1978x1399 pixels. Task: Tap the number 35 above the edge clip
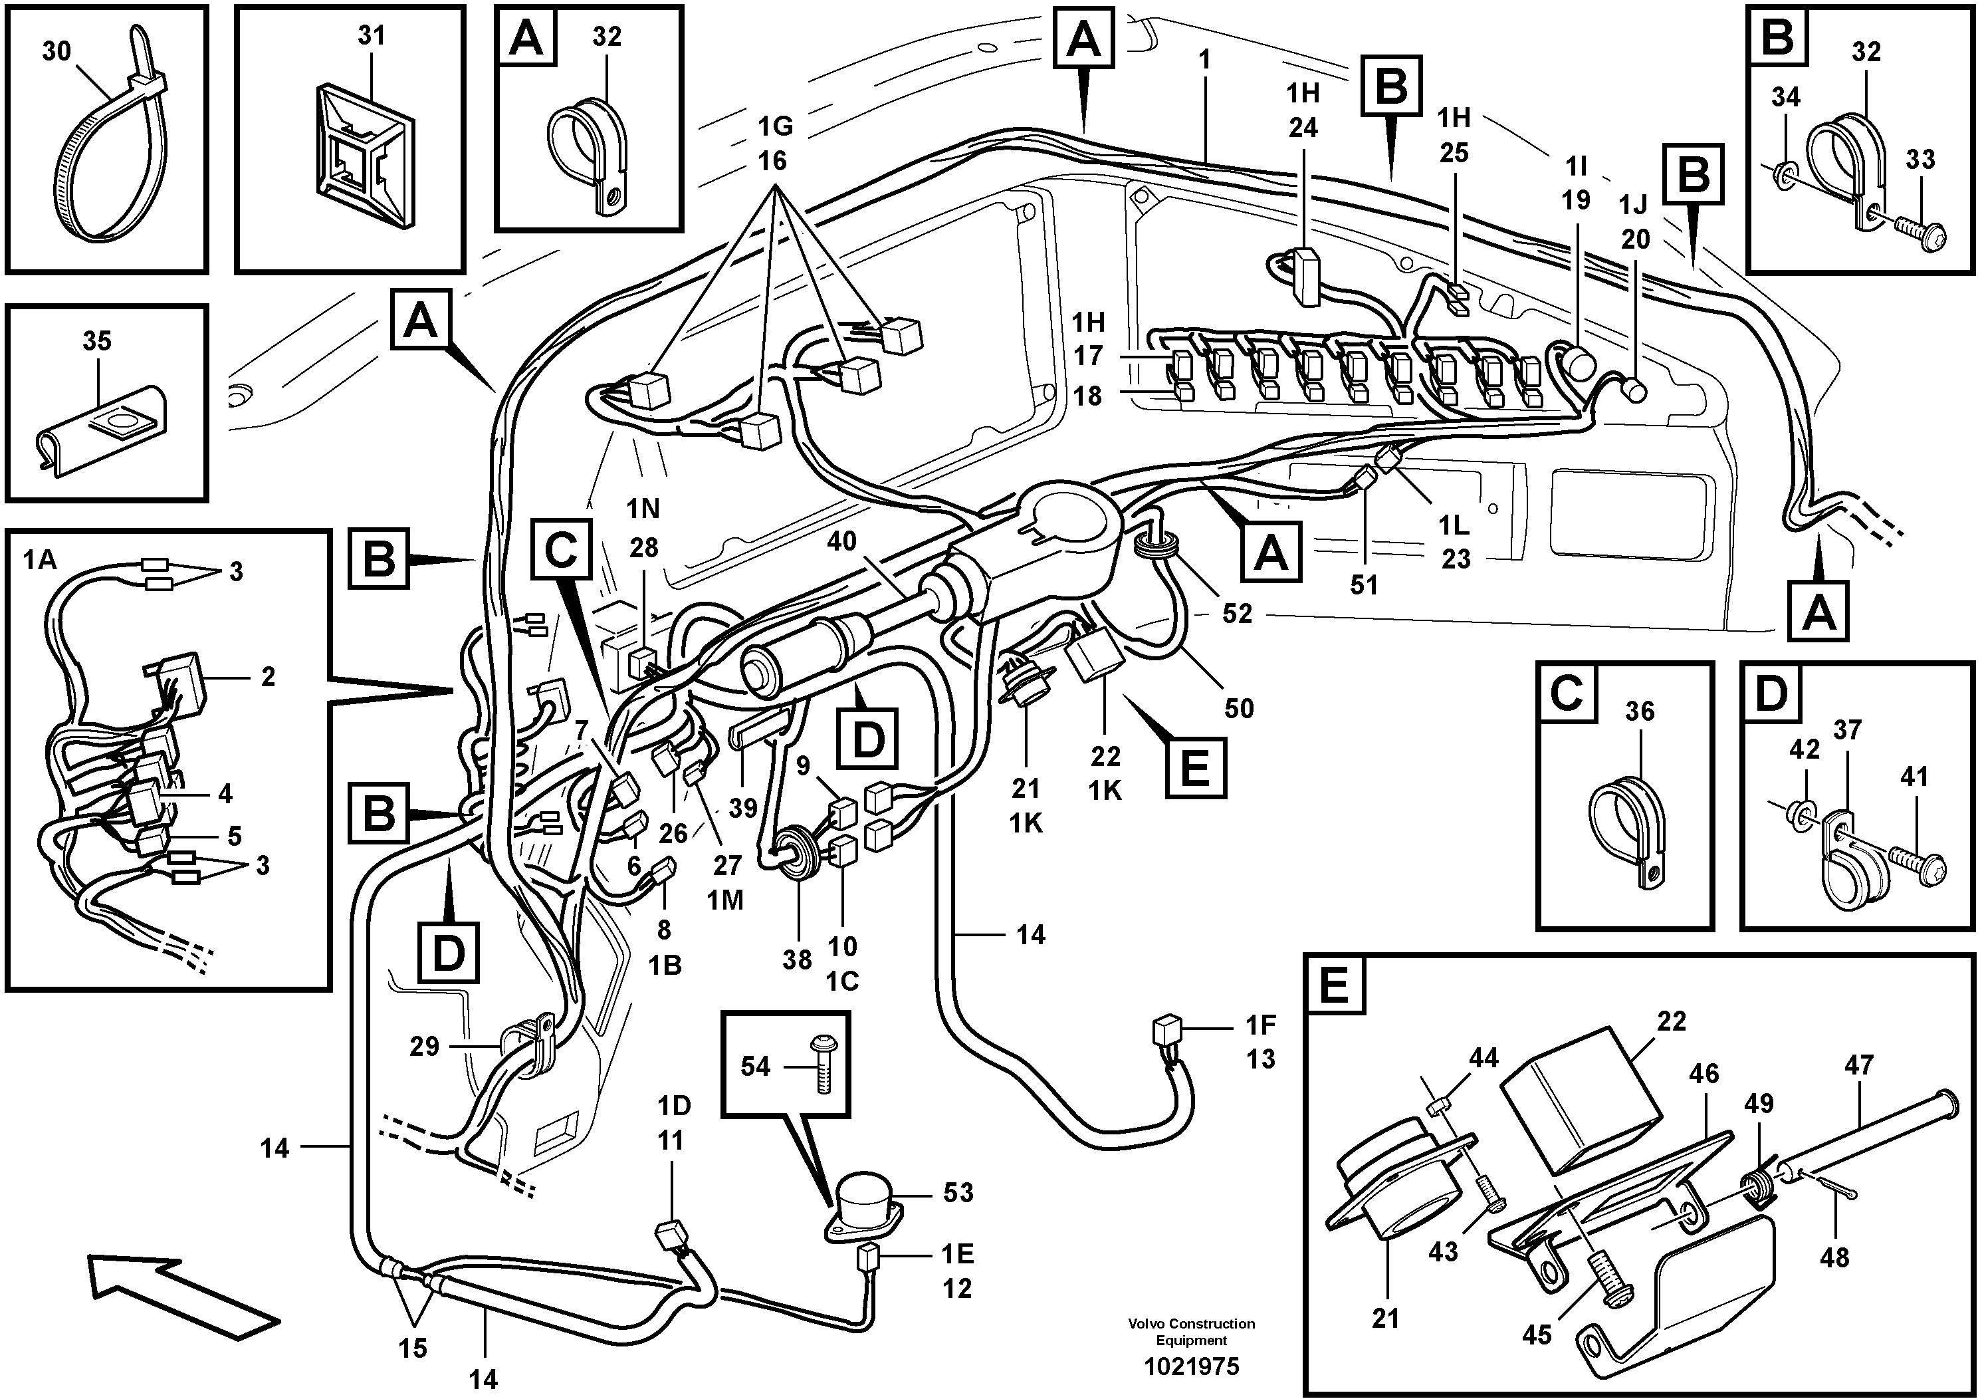[96, 340]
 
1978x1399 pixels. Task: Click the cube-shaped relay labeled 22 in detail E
[1581, 1099]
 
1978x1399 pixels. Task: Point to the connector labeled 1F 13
[1164, 1030]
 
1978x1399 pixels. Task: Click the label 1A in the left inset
[39, 561]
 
